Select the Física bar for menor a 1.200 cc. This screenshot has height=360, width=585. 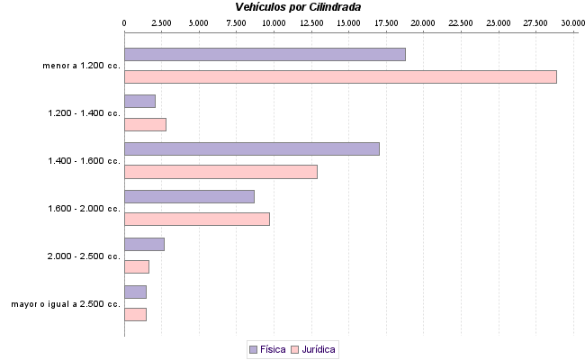click(x=265, y=54)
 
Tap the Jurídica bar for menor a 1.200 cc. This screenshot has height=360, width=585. click(x=340, y=76)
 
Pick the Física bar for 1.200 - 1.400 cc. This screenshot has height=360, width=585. click(x=139, y=101)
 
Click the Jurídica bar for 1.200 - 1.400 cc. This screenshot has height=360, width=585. click(x=145, y=124)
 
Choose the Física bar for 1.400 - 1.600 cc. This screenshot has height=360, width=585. click(x=252, y=148)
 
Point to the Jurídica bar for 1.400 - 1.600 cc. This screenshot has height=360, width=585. click(x=220, y=172)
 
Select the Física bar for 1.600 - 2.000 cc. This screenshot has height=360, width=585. click(x=189, y=196)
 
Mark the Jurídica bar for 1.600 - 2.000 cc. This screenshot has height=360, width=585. click(x=197, y=219)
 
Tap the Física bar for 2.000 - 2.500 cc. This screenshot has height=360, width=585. click(x=144, y=244)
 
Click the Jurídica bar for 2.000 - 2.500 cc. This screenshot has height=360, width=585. click(x=137, y=266)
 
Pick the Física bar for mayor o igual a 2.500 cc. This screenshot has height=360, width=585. click(x=135, y=292)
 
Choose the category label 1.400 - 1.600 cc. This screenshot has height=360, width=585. click(x=84, y=161)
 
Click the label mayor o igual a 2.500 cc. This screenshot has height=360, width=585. click(x=66, y=304)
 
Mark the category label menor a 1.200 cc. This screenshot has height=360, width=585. click(x=81, y=66)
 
